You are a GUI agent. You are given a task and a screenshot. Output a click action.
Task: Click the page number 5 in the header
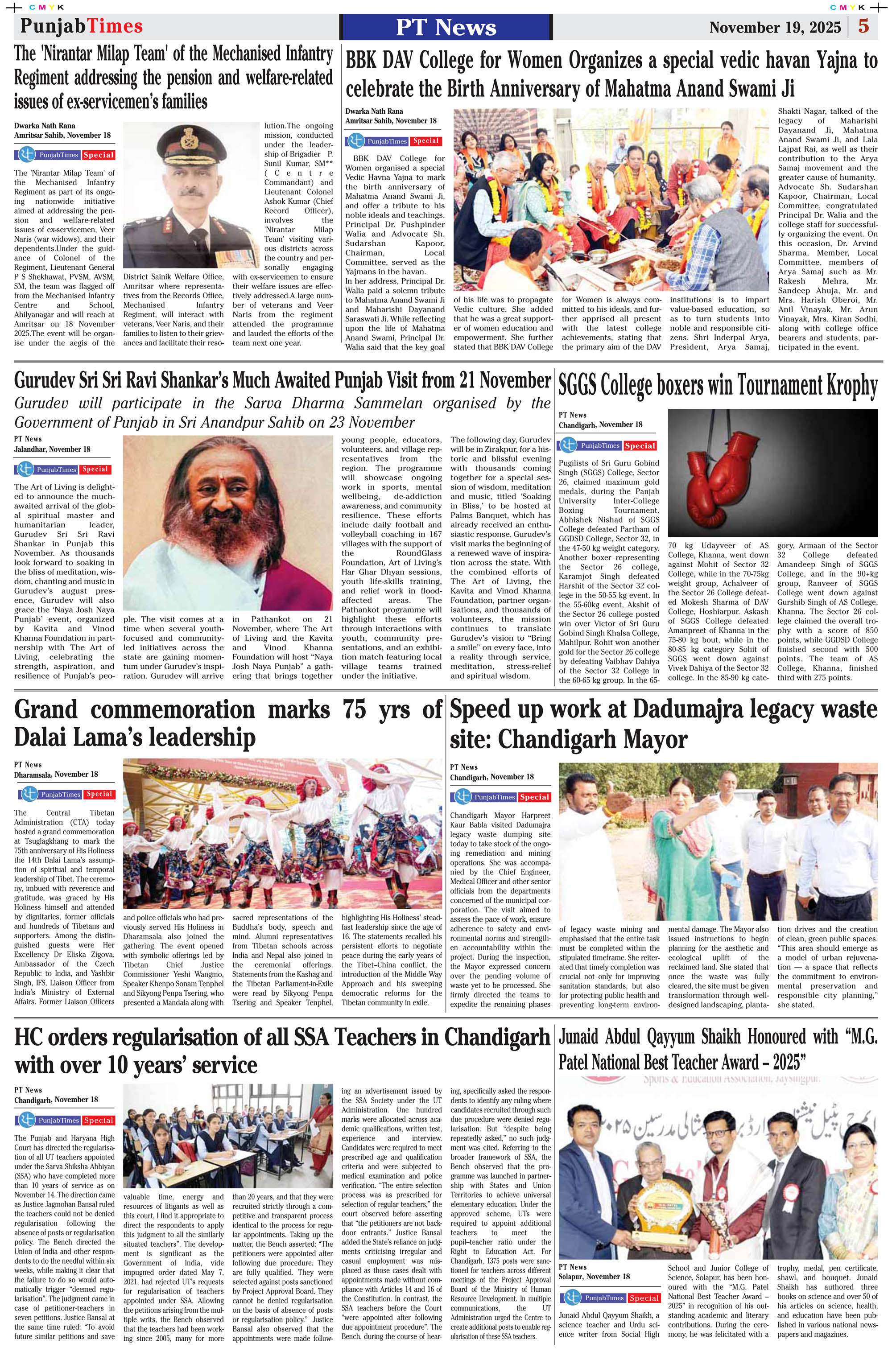863,26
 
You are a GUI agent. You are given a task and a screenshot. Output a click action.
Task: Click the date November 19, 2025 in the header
775,28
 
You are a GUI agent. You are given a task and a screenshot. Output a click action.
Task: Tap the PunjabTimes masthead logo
82,26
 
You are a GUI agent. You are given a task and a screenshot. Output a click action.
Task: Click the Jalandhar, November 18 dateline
52,449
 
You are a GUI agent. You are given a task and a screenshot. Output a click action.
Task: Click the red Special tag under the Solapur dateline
644,1298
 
